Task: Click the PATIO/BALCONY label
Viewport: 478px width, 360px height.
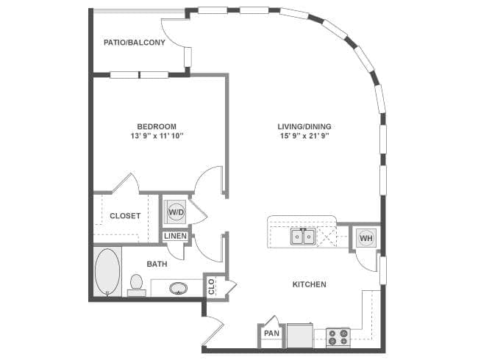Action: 133,43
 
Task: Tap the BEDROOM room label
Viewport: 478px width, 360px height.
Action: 157,126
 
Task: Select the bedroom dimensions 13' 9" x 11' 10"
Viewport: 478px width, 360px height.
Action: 157,136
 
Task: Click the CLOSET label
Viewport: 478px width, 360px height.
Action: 125,216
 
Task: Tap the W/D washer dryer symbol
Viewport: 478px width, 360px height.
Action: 176,212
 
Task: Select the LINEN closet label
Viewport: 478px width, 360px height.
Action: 175,236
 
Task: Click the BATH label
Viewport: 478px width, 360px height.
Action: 156,264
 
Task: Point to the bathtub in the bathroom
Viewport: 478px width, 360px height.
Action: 108,272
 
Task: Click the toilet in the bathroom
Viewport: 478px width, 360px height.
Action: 136,283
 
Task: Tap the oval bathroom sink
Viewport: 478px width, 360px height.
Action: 178,288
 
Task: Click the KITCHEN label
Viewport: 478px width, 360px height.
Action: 310,284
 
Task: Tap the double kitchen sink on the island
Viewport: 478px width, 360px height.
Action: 303,237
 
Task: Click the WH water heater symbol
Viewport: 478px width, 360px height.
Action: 365,237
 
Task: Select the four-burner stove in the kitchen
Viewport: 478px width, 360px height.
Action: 338,336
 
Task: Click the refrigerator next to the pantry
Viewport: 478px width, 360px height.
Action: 299,334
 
